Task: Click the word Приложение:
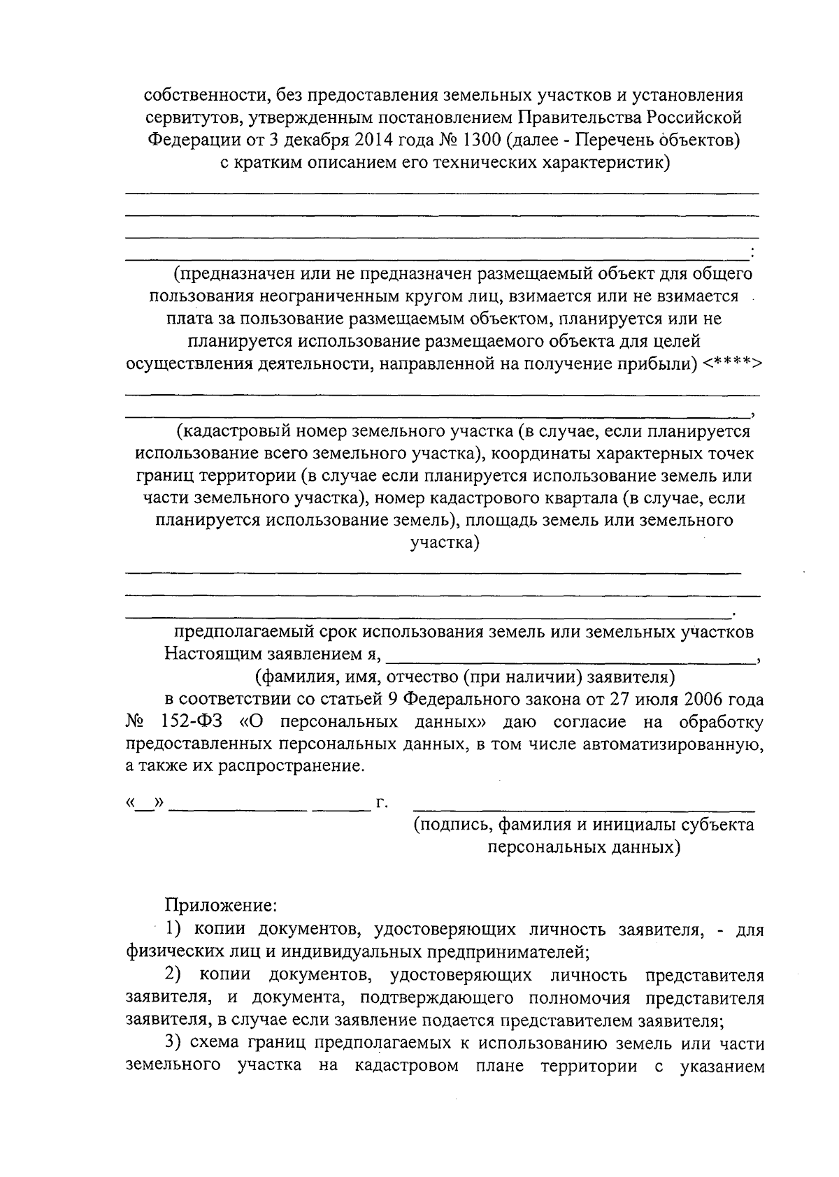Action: pos(221,907)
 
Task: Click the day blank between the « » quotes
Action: pos(144,806)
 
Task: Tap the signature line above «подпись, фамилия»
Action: pos(584,809)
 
